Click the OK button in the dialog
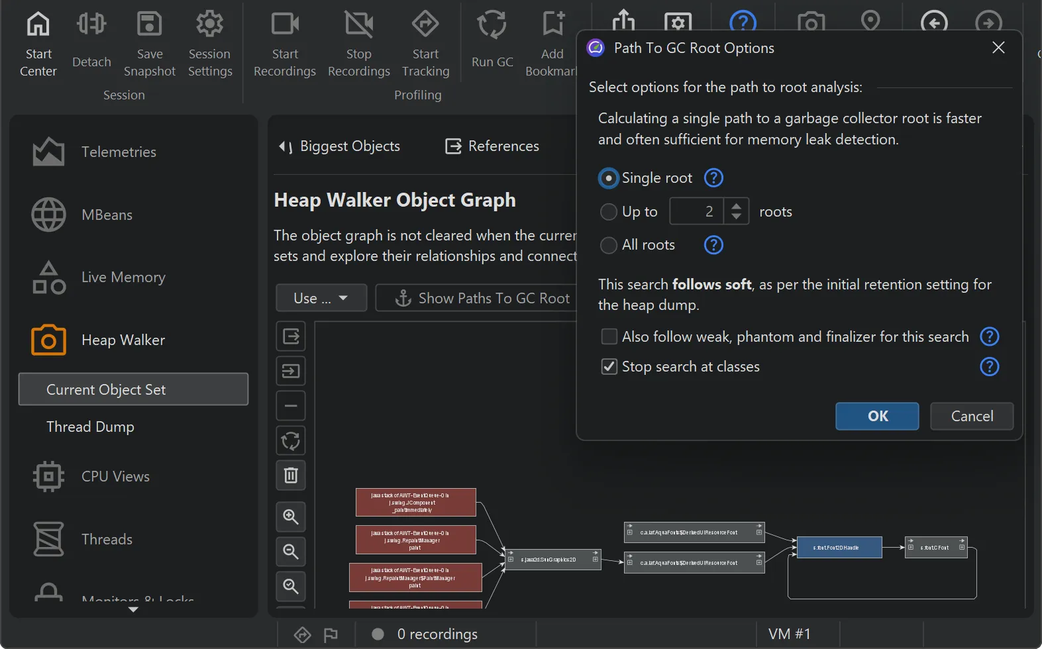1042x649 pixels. point(876,416)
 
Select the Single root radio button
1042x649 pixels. point(608,178)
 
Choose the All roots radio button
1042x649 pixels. point(608,245)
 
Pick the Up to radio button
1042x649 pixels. point(608,212)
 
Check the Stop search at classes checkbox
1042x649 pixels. point(609,366)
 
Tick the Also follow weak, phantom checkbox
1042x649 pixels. point(609,336)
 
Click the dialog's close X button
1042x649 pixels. point(998,48)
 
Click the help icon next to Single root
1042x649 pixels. point(713,178)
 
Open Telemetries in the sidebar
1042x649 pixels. point(119,152)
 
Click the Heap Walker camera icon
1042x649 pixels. point(48,340)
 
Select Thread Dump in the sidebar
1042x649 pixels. point(90,426)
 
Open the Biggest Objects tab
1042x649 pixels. point(340,146)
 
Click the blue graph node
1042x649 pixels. point(839,548)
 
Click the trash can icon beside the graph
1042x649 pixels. point(291,475)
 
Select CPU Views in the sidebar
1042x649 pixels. point(115,476)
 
